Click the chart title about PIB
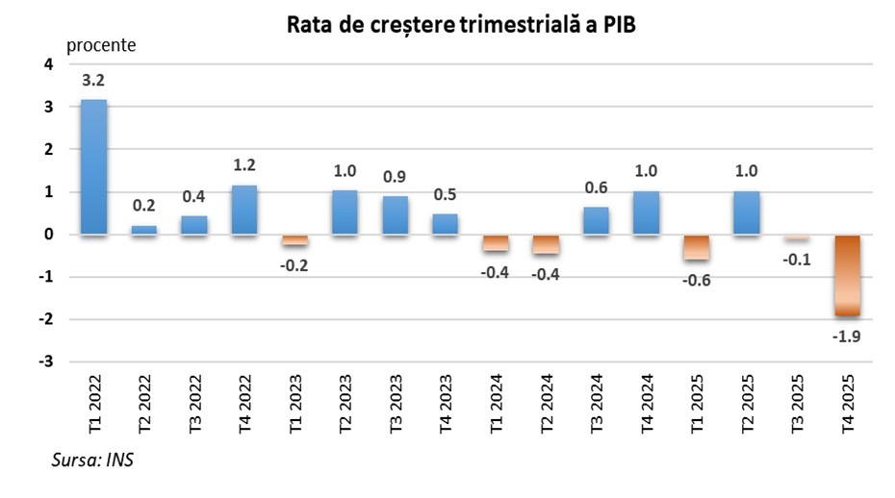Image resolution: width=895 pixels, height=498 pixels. pyautogui.click(x=461, y=26)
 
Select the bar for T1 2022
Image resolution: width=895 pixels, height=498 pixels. pyautogui.click(x=93, y=166)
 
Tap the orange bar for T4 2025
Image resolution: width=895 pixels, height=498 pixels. pyautogui.click(x=848, y=275)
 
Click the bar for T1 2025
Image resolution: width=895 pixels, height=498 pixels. pyautogui.click(x=697, y=247)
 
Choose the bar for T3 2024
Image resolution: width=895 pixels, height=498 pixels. pyautogui.click(x=597, y=221)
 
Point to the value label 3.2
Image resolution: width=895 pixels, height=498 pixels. pyautogui.click(x=93, y=82)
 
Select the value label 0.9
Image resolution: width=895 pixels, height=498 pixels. pyautogui.click(x=395, y=177)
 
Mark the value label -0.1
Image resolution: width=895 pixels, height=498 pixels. pyautogui.click(x=797, y=260)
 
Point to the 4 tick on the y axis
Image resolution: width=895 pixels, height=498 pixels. pyautogui.click(x=49, y=65)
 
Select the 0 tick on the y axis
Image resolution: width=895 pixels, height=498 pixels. pyautogui.click(x=49, y=236)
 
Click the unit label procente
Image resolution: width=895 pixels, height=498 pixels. pyautogui.click(x=101, y=44)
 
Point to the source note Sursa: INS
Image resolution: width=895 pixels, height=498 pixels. pyautogui.click(x=92, y=461)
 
